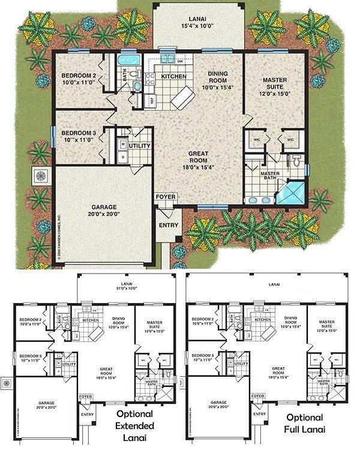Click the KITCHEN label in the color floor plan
(x=169, y=77)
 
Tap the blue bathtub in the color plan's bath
(x=127, y=60)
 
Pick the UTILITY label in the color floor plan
(x=139, y=146)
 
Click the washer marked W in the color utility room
(x=123, y=144)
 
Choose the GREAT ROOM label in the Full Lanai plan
(x=278, y=370)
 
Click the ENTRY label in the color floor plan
(x=166, y=226)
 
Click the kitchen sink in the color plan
(x=167, y=59)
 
